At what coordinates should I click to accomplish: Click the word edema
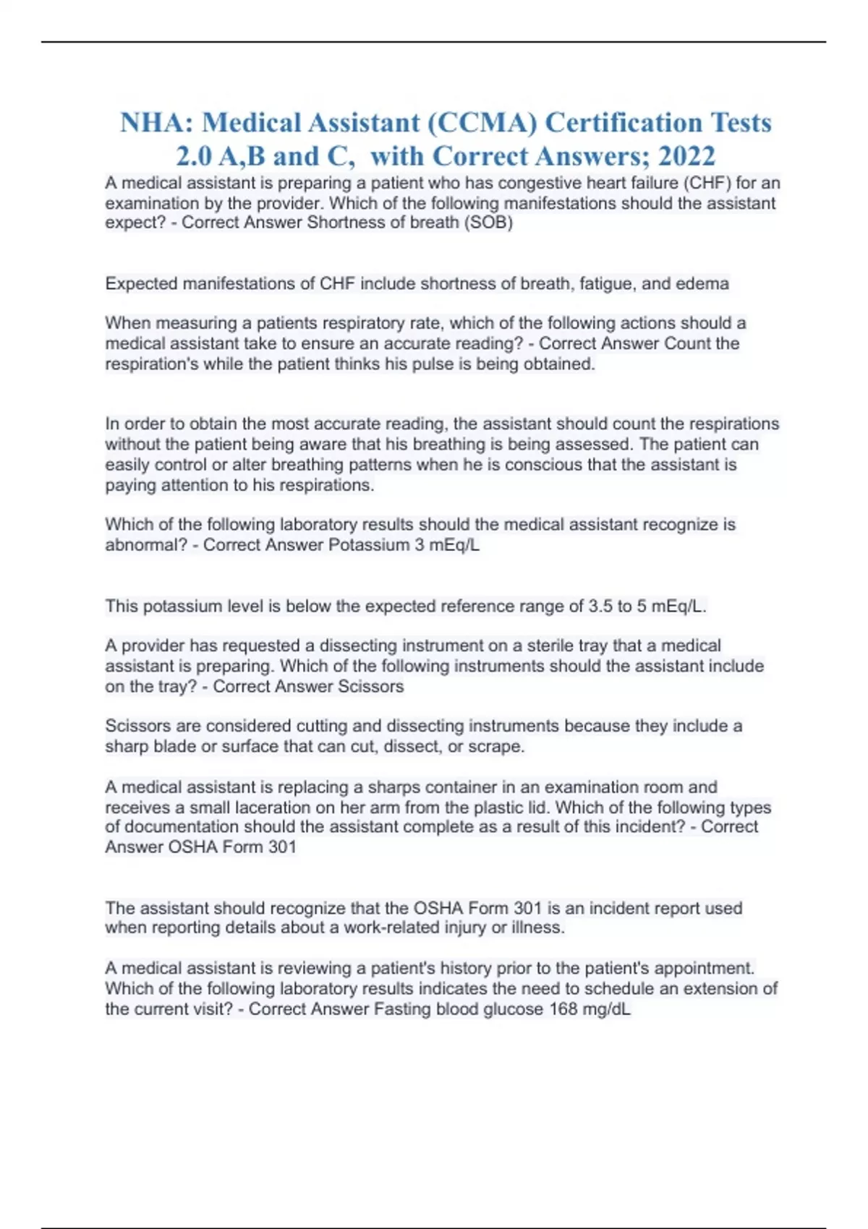tap(702, 283)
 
